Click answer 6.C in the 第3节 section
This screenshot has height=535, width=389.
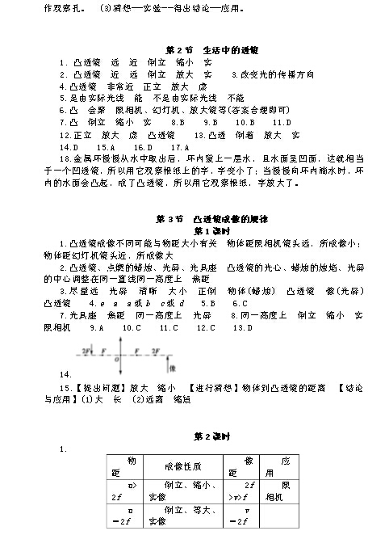point(239,303)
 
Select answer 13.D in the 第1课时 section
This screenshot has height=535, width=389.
point(242,328)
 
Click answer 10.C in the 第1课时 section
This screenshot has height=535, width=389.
point(132,328)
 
